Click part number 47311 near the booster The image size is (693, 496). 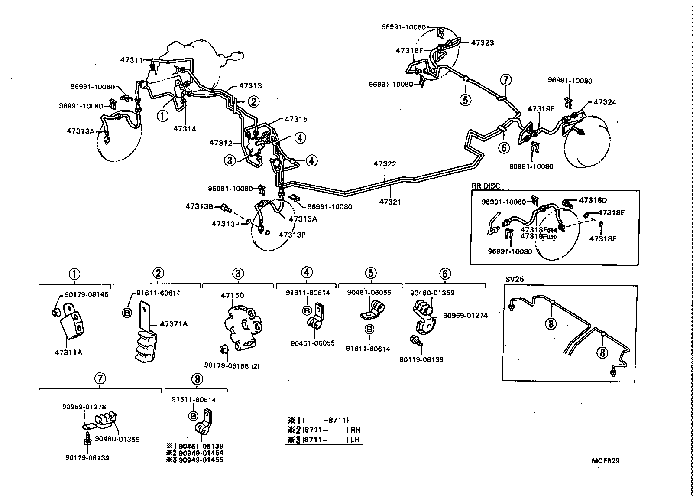tap(131, 60)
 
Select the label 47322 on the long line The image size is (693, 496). tap(385, 164)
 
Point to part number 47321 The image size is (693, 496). tap(391, 202)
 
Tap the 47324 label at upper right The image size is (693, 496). tap(605, 102)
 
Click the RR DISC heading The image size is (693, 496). tap(486, 186)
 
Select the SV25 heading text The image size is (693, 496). tap(514, 279)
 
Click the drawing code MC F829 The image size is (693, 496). tap(606, 461)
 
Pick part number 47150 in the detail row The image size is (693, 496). tap(232, 295)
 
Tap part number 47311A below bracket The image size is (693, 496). tap(68, 352)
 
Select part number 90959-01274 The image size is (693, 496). tap(465, 315)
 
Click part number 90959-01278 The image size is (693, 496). tap(84, 407)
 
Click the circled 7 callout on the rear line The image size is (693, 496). tap(505, 80)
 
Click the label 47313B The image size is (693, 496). tap(199, 206)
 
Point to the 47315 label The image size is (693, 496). tap(296, 119)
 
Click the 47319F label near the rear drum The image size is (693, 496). tap(541, 109)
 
